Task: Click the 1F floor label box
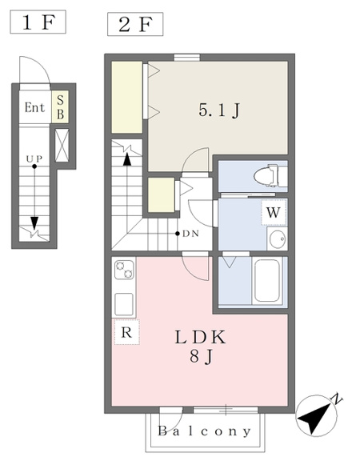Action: point(38,22)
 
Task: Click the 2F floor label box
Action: point(135,24)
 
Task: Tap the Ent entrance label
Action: point(34,107)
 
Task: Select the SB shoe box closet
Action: point(60,107)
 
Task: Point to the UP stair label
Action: point(34,159)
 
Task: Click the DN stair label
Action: point(190,234)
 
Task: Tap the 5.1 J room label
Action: point(219,110)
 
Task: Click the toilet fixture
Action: point(270,176)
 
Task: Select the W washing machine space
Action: point(274,213)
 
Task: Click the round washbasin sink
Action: point(278,239)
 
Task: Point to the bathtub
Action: point(267,280)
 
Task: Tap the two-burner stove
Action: point(124,270)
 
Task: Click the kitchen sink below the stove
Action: point(124,304)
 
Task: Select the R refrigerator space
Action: point(126,332)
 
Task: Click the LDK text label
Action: point(201,338)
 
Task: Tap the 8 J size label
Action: point(201,358)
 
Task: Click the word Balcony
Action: point(205,431)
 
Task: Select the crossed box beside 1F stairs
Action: point(62,145)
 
